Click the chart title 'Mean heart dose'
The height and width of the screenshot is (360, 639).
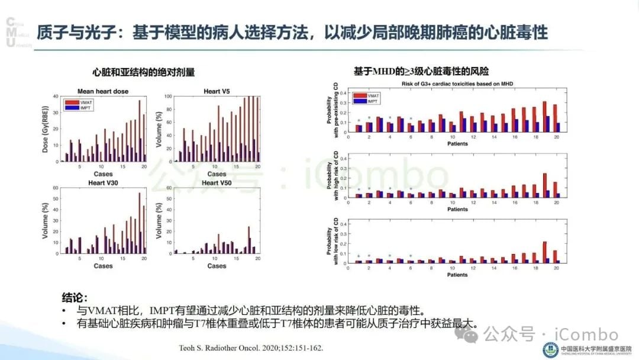(x=103, y=91)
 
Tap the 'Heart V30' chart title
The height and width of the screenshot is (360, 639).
(x=103, y=183)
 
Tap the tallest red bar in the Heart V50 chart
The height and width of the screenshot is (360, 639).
(x=249, y=240)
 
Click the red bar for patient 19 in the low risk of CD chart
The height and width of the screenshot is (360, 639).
(x=544, y=252)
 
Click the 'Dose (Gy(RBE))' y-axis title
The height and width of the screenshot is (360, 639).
(x=46, y=128)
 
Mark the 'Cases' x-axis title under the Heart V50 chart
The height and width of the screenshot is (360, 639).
(x=217, y=266)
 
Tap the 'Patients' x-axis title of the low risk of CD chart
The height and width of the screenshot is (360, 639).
(x=457, y=275)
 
